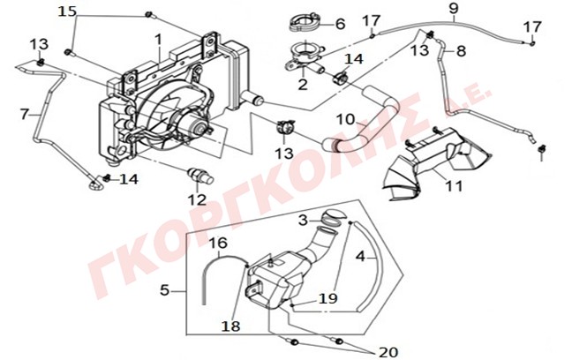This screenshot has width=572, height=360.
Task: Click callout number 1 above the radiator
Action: [x=157, y=40]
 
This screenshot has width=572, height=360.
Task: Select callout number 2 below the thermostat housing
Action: [x=303, y=85]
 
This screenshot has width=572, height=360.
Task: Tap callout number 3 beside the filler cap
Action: [x=303, y=219]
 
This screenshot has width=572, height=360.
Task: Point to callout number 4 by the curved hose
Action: [x=360, y=258]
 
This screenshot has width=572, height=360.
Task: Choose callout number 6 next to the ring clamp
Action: [x=339, y=24]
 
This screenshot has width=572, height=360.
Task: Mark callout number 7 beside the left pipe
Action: [x=25, y=113]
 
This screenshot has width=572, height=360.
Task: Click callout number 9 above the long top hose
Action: [x=453, y=10]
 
